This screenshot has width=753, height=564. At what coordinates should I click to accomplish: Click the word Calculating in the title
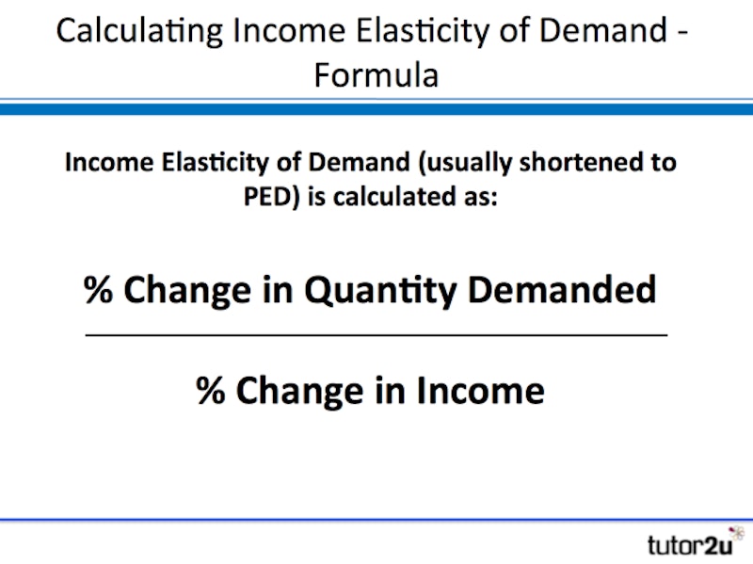(x=139, y=32)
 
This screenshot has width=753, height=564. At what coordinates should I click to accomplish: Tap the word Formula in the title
(x=376, y=75)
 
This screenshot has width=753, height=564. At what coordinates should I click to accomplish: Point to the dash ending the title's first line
(x=683, y=34)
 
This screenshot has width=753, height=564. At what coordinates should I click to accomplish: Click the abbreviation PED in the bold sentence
(x=268, y=197)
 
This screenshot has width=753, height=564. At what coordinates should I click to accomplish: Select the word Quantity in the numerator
(x=380, y=291)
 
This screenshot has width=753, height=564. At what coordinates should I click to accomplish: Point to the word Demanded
(x=562, y=290)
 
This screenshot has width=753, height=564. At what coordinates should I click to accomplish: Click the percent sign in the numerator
(x=99, y=290)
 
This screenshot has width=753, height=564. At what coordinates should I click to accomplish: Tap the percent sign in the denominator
(x=210, y=390)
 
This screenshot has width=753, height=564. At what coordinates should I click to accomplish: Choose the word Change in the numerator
(x=187, y=291)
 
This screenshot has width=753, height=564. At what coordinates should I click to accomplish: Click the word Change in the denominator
(x=299, y=392)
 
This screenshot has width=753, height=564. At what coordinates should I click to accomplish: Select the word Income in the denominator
(x=481, y=390)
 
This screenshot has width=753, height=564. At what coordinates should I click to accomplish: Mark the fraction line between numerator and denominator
(x=376, y=335)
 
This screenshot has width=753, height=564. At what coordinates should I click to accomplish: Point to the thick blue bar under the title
(x=376, y=109)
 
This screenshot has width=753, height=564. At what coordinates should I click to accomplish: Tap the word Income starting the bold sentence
(x=109, y=162)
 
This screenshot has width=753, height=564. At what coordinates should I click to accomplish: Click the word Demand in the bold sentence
(x=359, y=162)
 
